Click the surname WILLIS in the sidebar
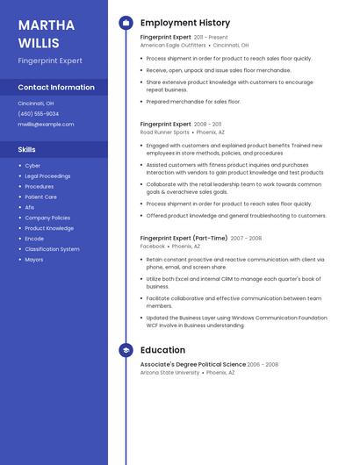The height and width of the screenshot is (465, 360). (x=39, y=42)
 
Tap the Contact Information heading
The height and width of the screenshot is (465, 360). (x=56, y=88)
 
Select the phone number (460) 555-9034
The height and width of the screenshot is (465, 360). (x=39, y=114)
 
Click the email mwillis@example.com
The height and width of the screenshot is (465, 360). (x=46, y=125)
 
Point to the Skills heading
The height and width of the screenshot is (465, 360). (x=27, y=150)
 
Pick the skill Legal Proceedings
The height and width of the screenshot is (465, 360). (x=47, y=176)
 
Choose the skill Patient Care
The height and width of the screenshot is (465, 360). (x=40, y=197)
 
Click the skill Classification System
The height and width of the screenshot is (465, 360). (x=52, y=249)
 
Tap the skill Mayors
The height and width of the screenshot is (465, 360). (x=34, y=260)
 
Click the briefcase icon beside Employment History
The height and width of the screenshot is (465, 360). (x=126, y=23)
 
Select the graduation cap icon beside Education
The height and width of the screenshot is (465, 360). (x=126, y=350)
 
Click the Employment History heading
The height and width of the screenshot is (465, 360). (x=185, y=23)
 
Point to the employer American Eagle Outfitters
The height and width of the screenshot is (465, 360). (x=173, y=45)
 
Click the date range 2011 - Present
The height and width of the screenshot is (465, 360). (x=211, y=38)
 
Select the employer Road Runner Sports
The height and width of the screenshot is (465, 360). (x=164, y=132)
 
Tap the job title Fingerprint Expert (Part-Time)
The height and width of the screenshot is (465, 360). (x=184, y=238)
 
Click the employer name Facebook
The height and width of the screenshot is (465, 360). (x=153, y=247)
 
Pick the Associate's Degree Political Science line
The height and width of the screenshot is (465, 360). (x=193, y=364)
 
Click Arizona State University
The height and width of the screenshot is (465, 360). (x=169, y=373)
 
